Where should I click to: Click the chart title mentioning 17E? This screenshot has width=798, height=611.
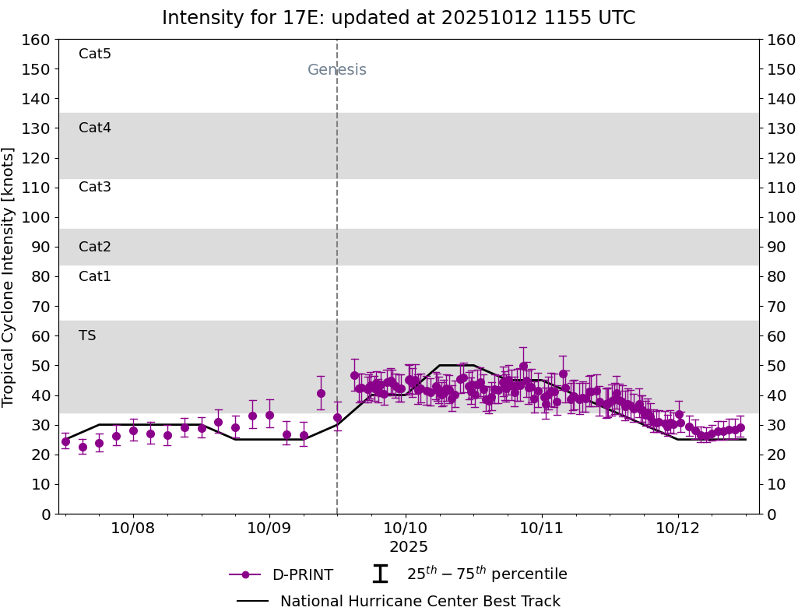(399, 18)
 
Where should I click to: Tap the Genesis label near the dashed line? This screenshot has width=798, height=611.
(336, 70)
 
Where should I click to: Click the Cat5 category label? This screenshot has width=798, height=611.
(95, 54)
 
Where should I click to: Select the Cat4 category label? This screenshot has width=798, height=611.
(95, 128)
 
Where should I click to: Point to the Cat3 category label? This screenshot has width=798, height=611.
(95, 187)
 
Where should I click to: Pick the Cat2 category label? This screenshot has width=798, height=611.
(95, 247)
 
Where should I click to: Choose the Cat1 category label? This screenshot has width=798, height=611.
(95, 276)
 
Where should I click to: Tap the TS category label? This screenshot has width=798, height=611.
(87, 335)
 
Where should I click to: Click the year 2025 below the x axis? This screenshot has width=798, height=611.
(409, 547)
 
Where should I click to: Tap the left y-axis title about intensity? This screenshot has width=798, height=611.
(9, 276)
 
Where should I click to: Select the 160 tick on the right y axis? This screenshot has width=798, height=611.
(780, 40)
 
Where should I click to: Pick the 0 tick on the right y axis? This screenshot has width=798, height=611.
(770, 514)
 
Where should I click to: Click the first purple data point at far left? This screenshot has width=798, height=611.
(65, 441)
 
